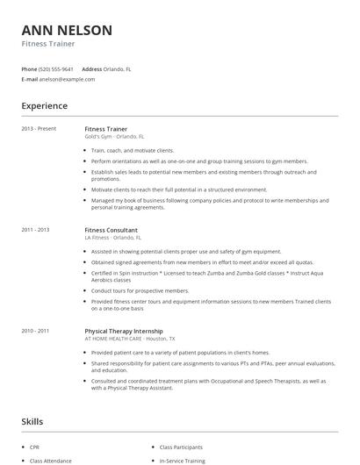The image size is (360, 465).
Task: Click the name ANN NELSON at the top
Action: coord(67,30)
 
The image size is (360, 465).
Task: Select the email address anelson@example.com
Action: coord(67,79)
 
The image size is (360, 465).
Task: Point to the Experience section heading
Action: coord(44,106)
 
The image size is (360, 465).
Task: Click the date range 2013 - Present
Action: coord(39,129)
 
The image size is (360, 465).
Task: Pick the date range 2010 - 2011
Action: coord(36,331)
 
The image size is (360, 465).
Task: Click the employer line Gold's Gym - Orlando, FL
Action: coord(115,137)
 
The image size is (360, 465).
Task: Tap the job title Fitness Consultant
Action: coord(112,230)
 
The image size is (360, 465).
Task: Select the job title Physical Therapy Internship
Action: coord(124,331)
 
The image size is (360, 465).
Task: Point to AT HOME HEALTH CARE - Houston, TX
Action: coord(129,339)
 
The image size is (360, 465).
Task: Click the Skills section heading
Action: coord(32,422)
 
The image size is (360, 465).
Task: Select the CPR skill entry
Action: coord(35,447)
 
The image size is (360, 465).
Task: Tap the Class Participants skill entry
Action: coord(182,447)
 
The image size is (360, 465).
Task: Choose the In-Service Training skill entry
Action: coord(182,460)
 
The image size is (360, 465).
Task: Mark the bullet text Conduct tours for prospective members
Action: coord(140,290)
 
